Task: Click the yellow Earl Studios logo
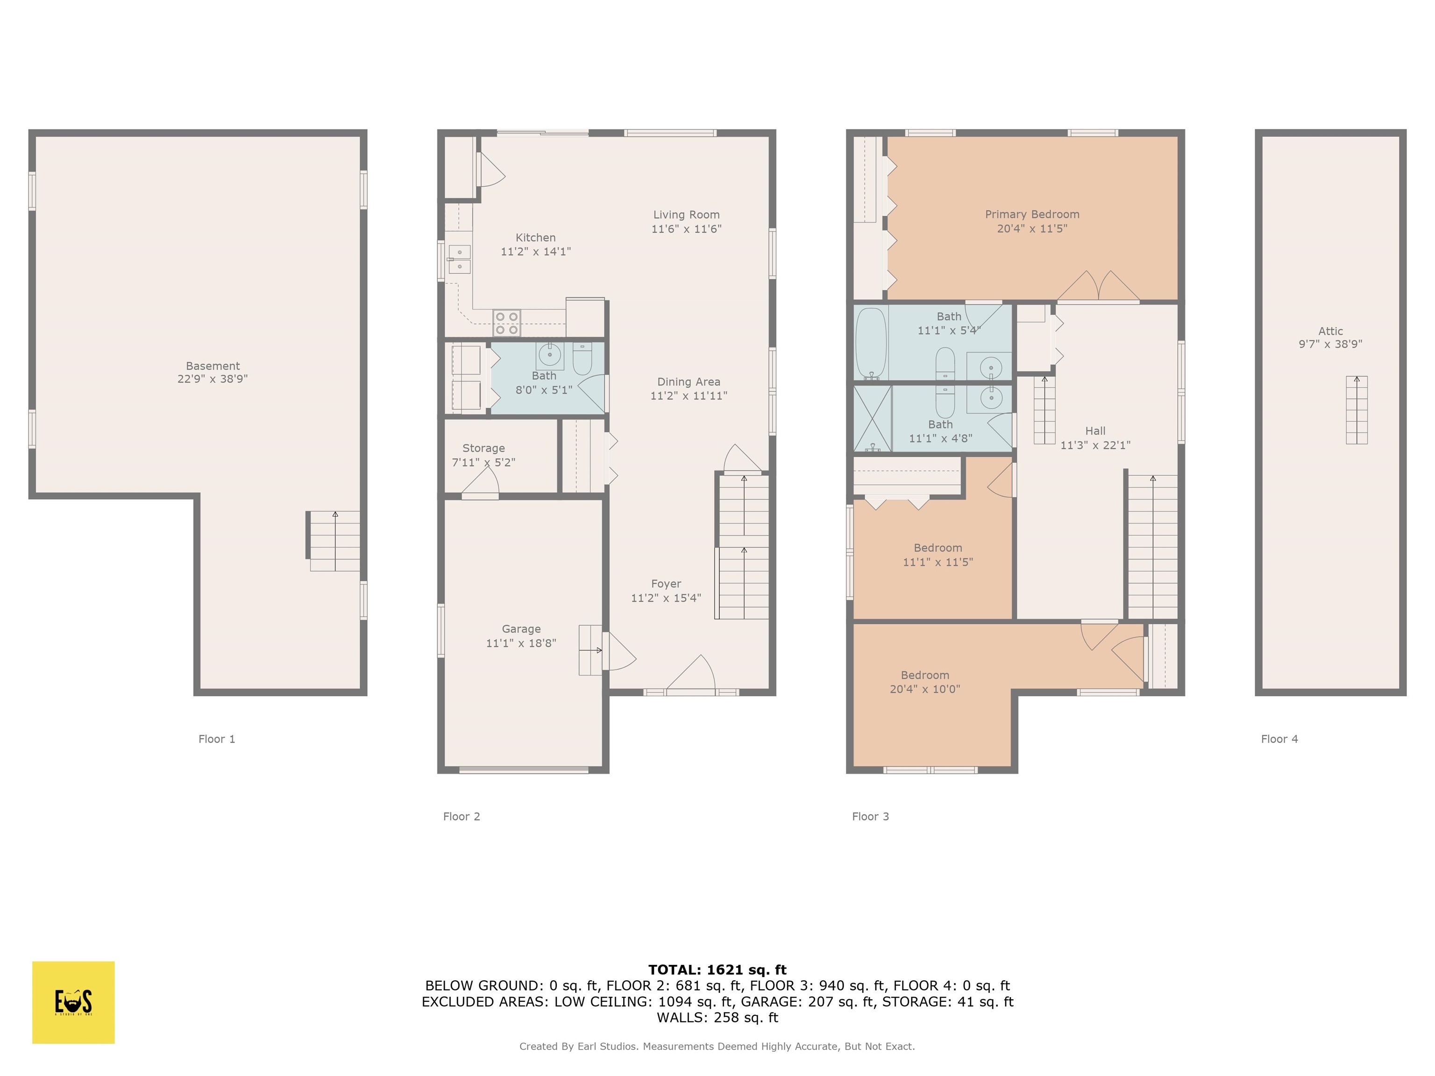coord(73,1002)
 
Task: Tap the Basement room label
coord(213,366)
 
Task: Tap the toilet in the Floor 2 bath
coord(582,359)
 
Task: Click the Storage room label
coord(483,448)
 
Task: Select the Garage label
coord(521,629)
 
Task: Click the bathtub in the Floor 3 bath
coord(871,343)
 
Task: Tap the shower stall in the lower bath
coord(873,418)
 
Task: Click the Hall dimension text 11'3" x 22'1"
coord(1095,445)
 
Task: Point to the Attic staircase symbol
coord(1357,410)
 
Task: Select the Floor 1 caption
coord(217,739)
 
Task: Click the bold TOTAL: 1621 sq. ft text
coord(717,970)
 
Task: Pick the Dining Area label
coord(689,382)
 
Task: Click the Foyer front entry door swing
coord(691,674)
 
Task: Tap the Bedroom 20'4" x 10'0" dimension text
coord(924,689)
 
